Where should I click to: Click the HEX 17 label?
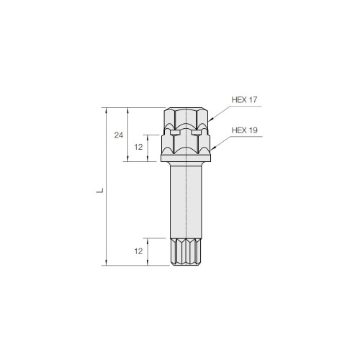(244, 99)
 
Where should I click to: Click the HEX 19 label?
(245, 130)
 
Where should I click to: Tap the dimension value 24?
(119, 135)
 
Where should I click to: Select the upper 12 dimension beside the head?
(138, 147)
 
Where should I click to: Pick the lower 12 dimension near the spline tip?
(138, 251)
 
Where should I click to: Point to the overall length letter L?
(99, 191)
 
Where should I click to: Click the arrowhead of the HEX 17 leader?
(210, 120)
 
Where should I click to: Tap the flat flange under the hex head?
(186, 158)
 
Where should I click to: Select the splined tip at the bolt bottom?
(186, 252)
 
